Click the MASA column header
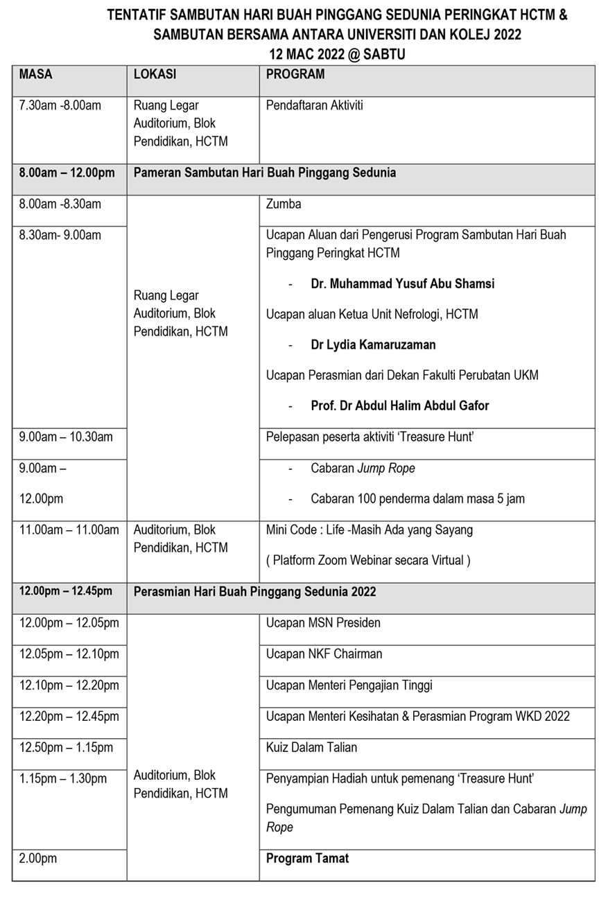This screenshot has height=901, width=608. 36,74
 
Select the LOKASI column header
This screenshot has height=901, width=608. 155,74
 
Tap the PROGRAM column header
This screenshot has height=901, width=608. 295,74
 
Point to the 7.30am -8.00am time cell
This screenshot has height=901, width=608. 60,105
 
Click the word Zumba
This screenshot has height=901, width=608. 284,204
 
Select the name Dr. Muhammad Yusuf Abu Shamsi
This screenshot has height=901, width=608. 403,283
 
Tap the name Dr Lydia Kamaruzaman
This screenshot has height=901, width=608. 373,344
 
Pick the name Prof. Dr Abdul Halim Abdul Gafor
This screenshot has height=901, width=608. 400,405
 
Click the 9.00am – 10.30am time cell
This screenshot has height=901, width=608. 66,437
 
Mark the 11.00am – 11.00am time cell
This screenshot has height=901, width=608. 69,530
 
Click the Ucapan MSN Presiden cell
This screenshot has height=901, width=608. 323,622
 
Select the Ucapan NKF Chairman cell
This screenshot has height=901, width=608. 324,654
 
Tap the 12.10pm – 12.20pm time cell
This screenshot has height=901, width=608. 69,685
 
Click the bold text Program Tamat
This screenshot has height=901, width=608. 307,858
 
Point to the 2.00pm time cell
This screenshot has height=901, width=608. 38,858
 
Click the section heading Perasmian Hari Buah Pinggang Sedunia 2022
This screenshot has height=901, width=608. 254,591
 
